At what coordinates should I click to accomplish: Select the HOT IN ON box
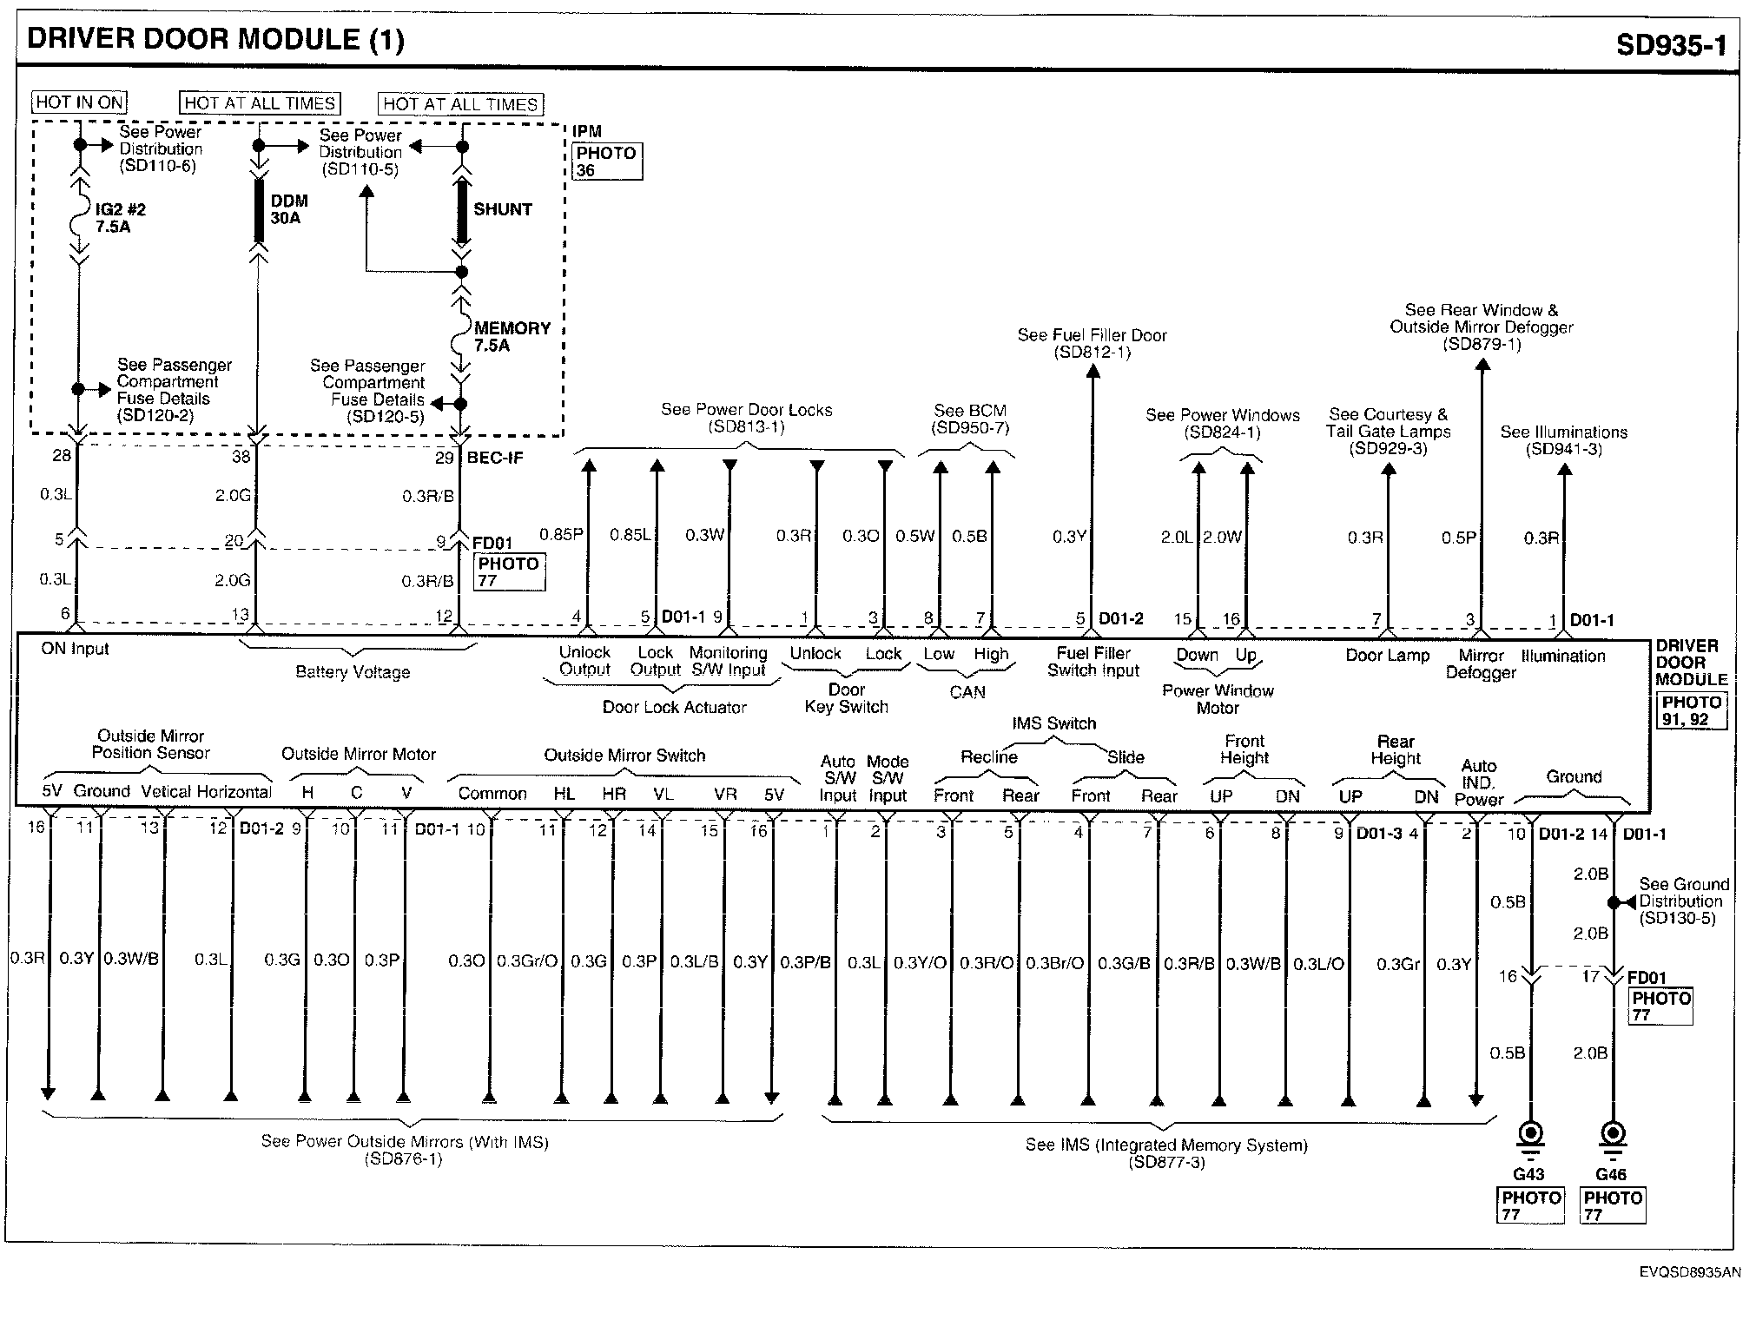tap(79, 102)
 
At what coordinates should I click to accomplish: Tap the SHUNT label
tap(502, 209)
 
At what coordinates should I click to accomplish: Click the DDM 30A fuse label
tap(288, 209)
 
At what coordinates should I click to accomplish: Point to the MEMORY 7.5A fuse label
tap(512, 336)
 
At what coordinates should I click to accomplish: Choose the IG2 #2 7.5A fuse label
tap(120, 218)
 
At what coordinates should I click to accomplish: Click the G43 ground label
tap(1528, 1174)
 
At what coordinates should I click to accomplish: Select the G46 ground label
tap(1611, 1174)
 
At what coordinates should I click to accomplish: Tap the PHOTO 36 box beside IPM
tap(607, 162)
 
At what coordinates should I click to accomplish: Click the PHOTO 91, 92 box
tap(1691, 710)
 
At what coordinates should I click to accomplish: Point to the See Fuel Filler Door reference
tap(1092, 343)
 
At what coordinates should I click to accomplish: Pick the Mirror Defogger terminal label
tap(1480, 663)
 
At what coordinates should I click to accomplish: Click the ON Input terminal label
tap(75, 649)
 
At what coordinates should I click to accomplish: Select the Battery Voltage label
tap(352, 672)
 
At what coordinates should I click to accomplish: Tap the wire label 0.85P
tap(560, 535)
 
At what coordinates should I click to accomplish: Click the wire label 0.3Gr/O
tap(526, 961)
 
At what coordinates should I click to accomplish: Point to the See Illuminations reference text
tap(1563, 440)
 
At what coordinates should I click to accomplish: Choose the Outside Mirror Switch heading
tap(624, 756)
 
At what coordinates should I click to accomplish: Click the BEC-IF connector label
tap(495, 458)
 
